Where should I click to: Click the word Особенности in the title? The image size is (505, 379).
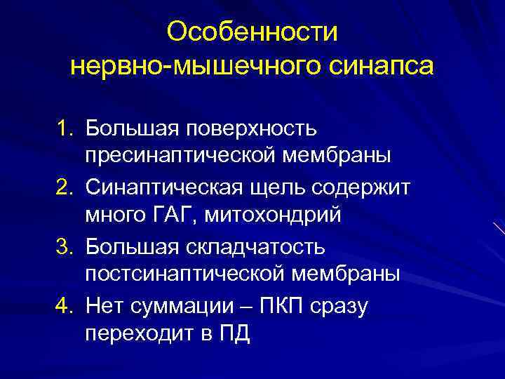tap(253, 32)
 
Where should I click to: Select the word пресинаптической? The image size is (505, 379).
tap(180, 154)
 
